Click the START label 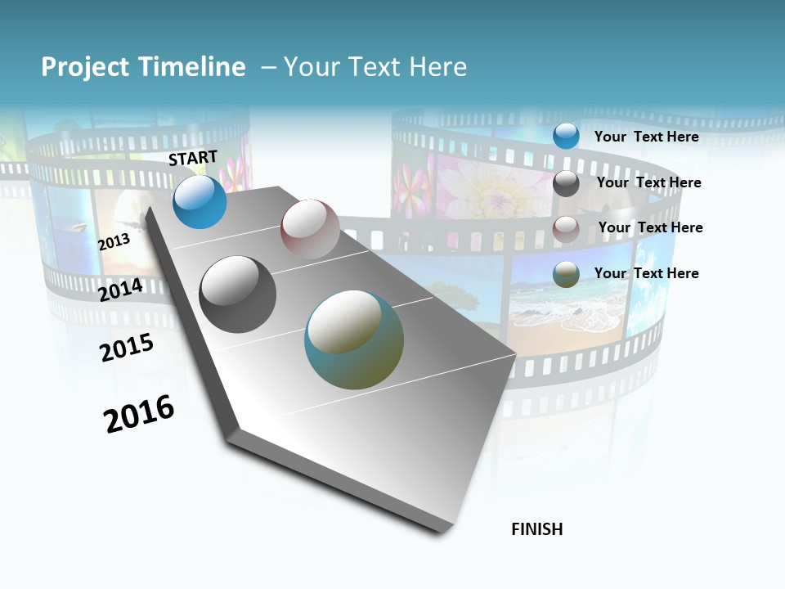pos(193,158)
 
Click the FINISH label pos(537,529)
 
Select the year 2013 pos(114,242)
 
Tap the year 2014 pos(121,290)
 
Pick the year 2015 pos(127,348)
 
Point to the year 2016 pos(140,414)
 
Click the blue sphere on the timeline pos(200,202)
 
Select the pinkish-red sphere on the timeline pos(310,229)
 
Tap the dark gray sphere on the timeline pos(238,294)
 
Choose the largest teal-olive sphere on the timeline pos(354,339)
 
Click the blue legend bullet pos(566,137)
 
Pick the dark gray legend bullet pos(566,183)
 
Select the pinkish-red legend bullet pos(566,229)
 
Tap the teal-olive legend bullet pos(566,274)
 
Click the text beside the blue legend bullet pos(647,137)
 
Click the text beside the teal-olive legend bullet pos(647,273)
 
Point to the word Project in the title pos(86,67)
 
